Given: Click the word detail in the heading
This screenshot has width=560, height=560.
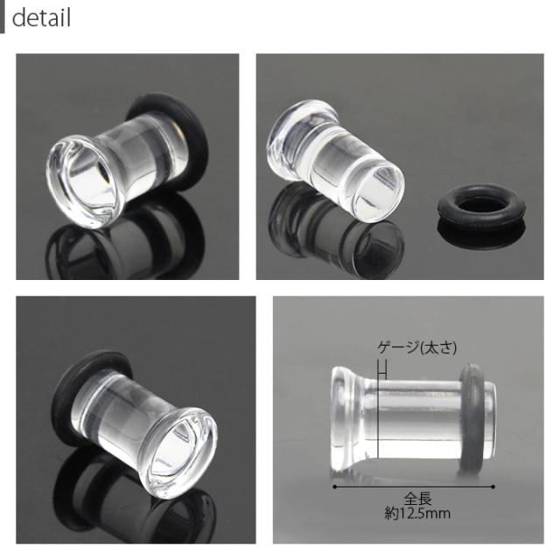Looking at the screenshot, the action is click(41, 17).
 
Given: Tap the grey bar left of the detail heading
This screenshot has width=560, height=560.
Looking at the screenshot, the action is click(2, 17).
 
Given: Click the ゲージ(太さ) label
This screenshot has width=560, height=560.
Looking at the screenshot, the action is click(416, 347).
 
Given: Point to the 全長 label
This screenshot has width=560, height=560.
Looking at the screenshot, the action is click(418, 499).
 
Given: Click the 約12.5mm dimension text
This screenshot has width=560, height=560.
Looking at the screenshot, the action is click(417, 514).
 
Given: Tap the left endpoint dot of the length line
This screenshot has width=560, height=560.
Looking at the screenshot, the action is click(334, 486).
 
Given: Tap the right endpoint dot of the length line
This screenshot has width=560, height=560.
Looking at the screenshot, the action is click(493, 486).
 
